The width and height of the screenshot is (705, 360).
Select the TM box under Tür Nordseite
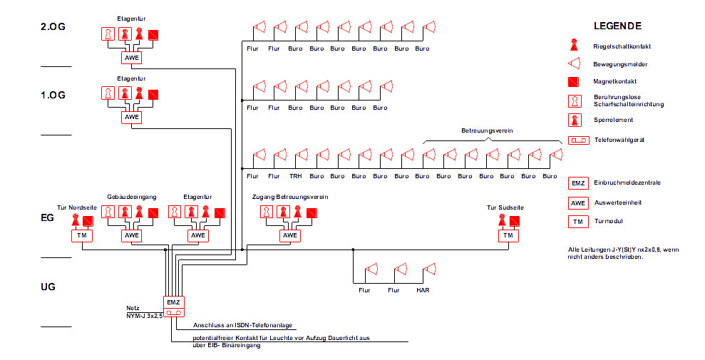(82, 235)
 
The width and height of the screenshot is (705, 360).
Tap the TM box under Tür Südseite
(508, 235)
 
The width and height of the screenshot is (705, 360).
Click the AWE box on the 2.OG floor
(132, 58)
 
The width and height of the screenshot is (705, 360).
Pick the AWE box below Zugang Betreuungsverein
(289, 235)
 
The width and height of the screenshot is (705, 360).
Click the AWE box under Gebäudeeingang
(132, 235)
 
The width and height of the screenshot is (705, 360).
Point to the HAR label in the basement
(423, 290)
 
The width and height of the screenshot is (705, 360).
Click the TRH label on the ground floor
(295, 175)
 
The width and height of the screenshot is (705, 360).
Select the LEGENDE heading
(617, 26)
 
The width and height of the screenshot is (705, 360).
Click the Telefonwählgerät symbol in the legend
(578, 140)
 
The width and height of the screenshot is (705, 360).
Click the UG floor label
(48, 287)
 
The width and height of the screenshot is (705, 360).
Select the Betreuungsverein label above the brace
(487, 132)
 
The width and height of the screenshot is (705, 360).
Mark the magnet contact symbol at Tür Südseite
(515, 220)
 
